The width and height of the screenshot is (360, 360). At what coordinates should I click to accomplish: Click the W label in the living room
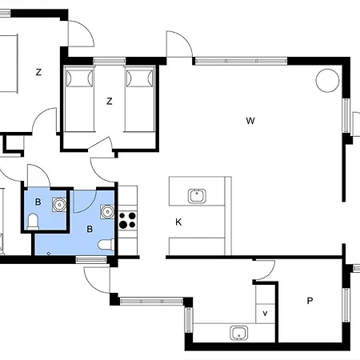[x=250, y=121]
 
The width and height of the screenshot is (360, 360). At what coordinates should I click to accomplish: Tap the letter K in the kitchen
[x=179, y=221]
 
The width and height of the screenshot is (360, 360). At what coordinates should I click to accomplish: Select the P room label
[x=310, y=301]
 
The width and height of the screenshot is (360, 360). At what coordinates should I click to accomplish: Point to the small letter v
[x=264, y=313]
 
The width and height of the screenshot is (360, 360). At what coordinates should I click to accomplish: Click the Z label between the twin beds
[x=109, y=101]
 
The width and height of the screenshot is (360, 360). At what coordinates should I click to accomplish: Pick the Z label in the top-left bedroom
[x=38, y=72]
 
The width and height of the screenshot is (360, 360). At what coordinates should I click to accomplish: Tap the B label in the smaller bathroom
[x=38, y=202]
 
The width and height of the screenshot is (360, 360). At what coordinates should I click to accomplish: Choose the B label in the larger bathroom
[x=90, y=229]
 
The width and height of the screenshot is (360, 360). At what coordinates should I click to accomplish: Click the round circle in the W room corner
[x=326, y=80]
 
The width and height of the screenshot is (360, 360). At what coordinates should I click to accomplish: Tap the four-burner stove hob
[x=128, y=219]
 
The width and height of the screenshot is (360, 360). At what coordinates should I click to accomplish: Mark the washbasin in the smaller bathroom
[x=58, y=203]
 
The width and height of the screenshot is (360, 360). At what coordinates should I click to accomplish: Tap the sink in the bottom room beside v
[x=237, y=333]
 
